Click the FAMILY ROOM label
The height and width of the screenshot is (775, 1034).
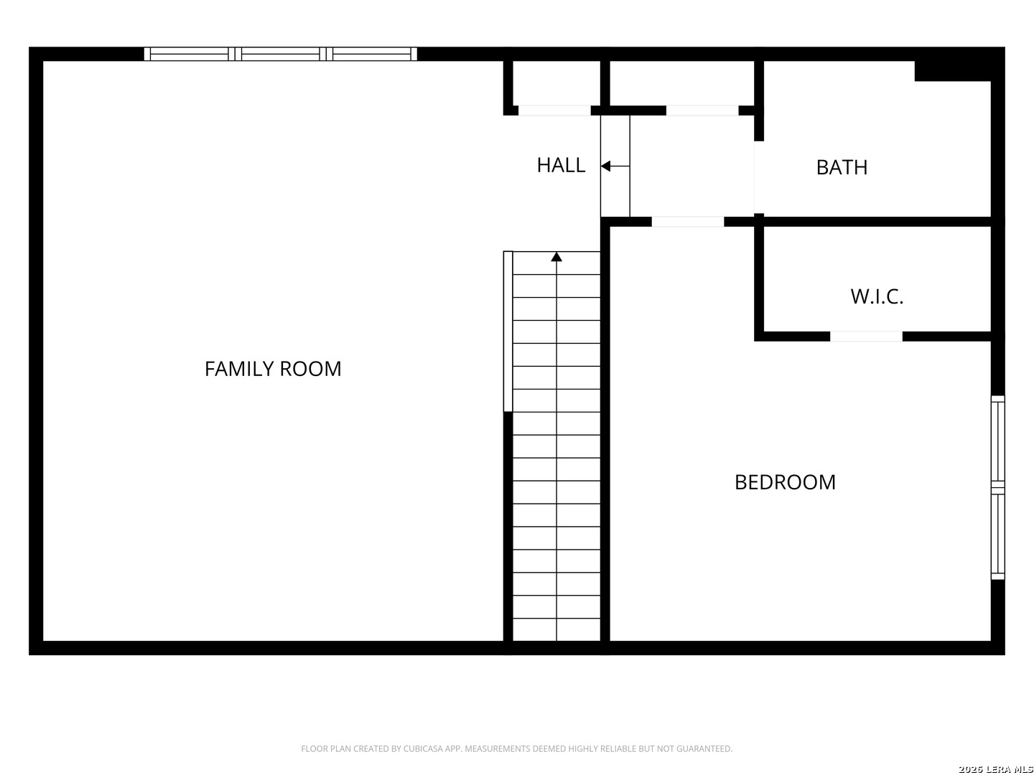pyautogui.click(x=273, y=369)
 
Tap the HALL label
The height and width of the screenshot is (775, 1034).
pyautogui.click(x=561, y=165)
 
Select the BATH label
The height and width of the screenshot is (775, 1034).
pyautogui.click(x=842, y=167)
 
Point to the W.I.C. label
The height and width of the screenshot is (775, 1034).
pyautogui.click(x=876, y=296)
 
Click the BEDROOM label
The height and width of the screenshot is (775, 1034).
pyautogui.click(x=785, y=482)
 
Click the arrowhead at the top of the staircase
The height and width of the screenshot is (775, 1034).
pyautogui.click(x=556, y=256)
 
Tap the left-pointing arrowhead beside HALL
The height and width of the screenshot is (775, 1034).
pyautogui.click(x=606, y=166)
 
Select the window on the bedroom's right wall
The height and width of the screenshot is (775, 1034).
pyautogui.click(x=997, y=487)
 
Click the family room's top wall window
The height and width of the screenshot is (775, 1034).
pyautogui.click(x=280, y=54)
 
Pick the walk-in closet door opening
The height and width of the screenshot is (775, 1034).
pyautogui.click(x=866, y=337)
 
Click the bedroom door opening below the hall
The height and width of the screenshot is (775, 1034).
pyautogui.click(x=688, y=222)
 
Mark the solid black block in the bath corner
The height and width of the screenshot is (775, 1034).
pyautogui.click(x=953, y=71)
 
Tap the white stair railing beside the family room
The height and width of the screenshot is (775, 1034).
pyautogui.click(x=508, y=332)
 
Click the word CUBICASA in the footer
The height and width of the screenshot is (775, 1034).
pyautogui.click(x=421, y=748)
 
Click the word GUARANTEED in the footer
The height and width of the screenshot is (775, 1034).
pyautogui.click(x=706, y=748)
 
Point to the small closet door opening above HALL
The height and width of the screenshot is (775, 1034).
pyautogui.click(x=554, y=111)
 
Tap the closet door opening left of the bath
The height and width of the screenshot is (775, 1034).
pyautogui.click(x=702, y=111)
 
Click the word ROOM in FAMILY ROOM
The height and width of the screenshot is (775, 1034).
pyautogui.click(x=310, y=369)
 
